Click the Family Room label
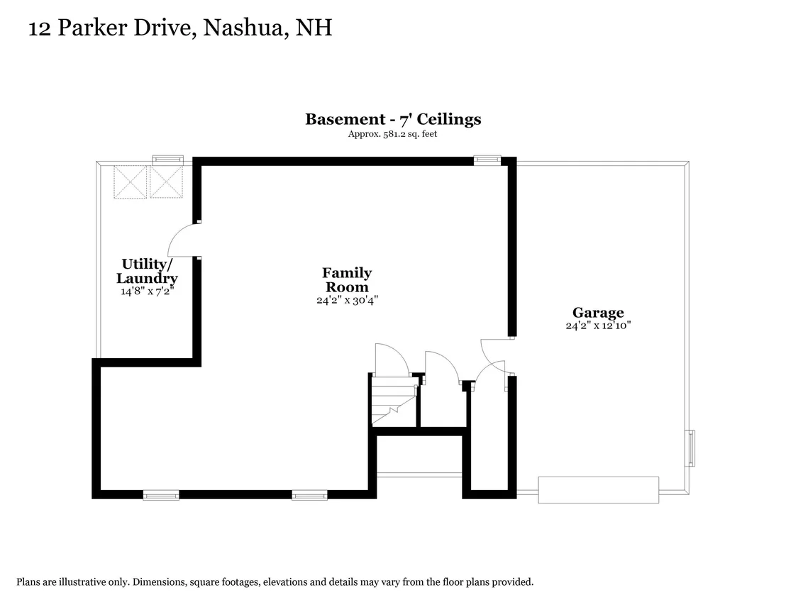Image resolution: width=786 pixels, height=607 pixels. pos(347,279)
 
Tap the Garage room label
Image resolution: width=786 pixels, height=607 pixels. pos(598,312)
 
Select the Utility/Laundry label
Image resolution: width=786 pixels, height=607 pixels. pos(147,271)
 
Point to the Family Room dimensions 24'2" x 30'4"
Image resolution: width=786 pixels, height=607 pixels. pos(347,300)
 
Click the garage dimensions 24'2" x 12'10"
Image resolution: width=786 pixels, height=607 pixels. pos(598,325)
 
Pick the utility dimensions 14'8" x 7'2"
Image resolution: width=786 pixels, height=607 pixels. pos(147,291)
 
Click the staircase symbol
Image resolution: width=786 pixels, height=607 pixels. pos(394,401)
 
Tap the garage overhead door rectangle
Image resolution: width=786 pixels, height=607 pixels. pos(599,490)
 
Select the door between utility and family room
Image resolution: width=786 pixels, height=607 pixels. pos(184,240)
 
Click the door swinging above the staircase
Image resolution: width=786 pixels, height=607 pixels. pos(392,358)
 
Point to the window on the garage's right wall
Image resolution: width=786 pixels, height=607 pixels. pos(690,448)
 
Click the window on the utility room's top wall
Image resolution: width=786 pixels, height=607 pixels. pos(168,160)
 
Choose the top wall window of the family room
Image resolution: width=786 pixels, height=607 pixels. pos(487,160)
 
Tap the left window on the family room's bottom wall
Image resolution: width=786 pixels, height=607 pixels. pos(161,495)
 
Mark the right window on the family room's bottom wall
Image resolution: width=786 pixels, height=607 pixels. pos(310,495)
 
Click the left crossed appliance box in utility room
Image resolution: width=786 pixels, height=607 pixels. pos(130,182)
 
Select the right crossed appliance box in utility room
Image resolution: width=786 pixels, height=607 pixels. pos(166,182)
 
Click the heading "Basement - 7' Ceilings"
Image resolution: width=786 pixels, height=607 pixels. pos(393,119)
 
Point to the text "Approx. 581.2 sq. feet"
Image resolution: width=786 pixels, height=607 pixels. pos(392,134)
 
